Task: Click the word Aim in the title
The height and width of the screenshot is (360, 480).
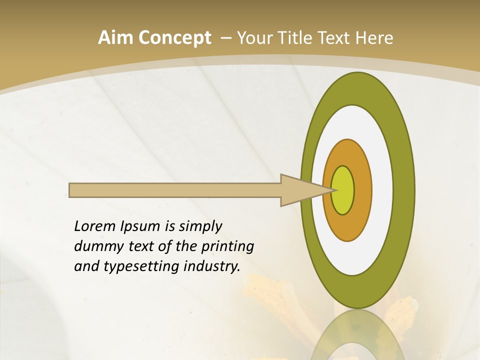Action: (115, 38)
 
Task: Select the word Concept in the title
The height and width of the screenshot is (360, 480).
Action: (175, 38)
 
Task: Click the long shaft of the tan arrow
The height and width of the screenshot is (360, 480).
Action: (175, 190)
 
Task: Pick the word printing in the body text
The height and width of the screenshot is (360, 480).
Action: (227, 247)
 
